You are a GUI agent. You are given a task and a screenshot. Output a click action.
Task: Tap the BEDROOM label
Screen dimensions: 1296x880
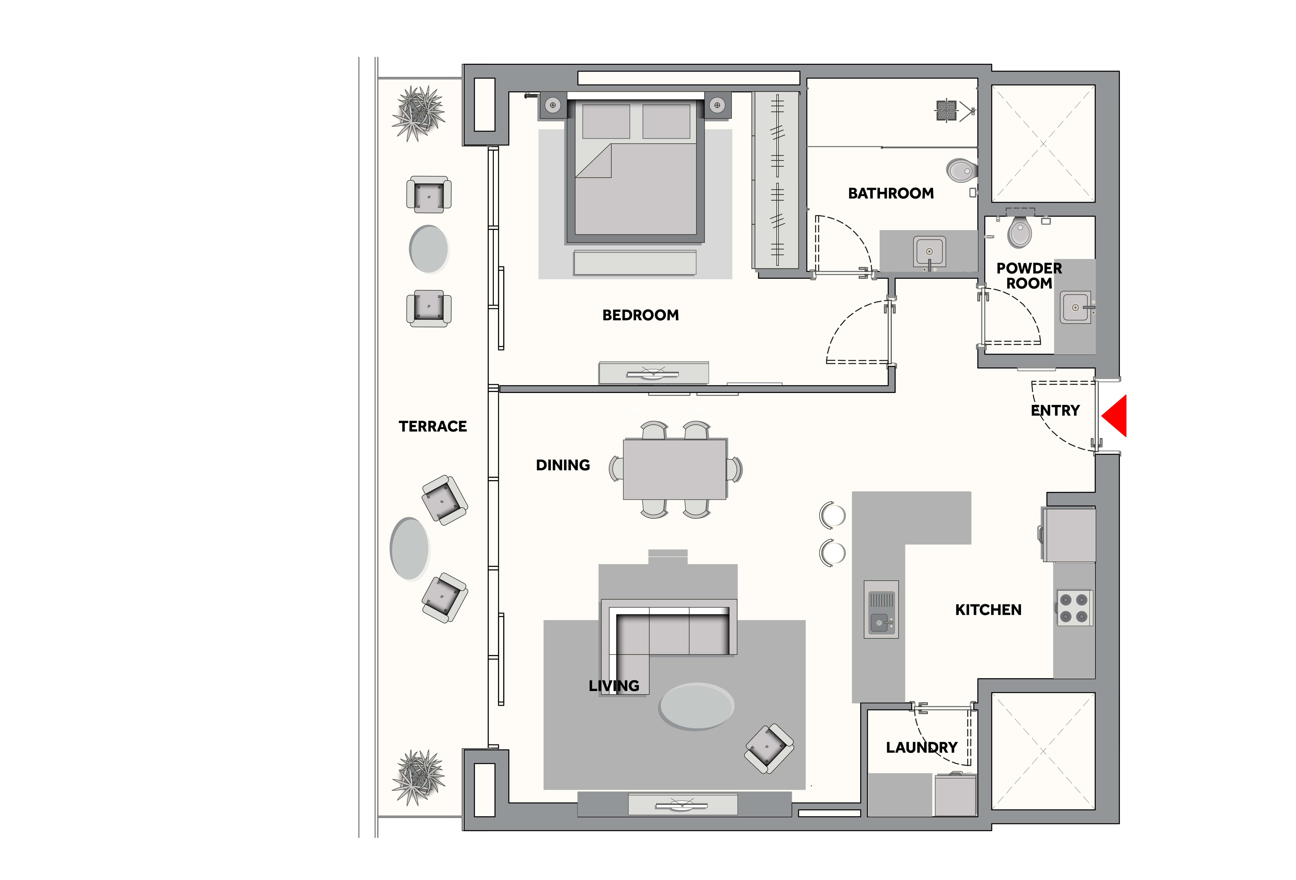point(640,315)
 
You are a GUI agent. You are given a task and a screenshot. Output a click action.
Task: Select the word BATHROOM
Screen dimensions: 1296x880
point(891,194)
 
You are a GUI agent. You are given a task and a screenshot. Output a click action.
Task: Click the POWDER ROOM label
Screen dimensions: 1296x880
point(1029,276)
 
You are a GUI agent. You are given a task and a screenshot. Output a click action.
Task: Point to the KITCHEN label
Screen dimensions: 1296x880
point(988,610)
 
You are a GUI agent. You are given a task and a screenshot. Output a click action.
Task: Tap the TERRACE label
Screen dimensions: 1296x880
point(433,426)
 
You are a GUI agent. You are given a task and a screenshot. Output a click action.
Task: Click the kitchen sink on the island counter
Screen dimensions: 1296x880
point(881,609)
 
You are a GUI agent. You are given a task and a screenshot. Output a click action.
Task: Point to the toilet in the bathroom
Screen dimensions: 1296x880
point(961,170)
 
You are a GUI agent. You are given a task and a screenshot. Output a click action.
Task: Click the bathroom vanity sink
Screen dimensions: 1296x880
point(929,252)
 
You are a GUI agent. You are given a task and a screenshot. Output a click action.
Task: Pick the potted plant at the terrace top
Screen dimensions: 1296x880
point(418,113)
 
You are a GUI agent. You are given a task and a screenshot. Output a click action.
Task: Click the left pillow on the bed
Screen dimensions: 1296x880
point(606,121)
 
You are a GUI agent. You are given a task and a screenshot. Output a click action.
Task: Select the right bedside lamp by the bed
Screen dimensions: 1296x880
point(717,105)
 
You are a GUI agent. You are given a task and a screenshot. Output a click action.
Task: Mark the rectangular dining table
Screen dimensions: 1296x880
point(675,469)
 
